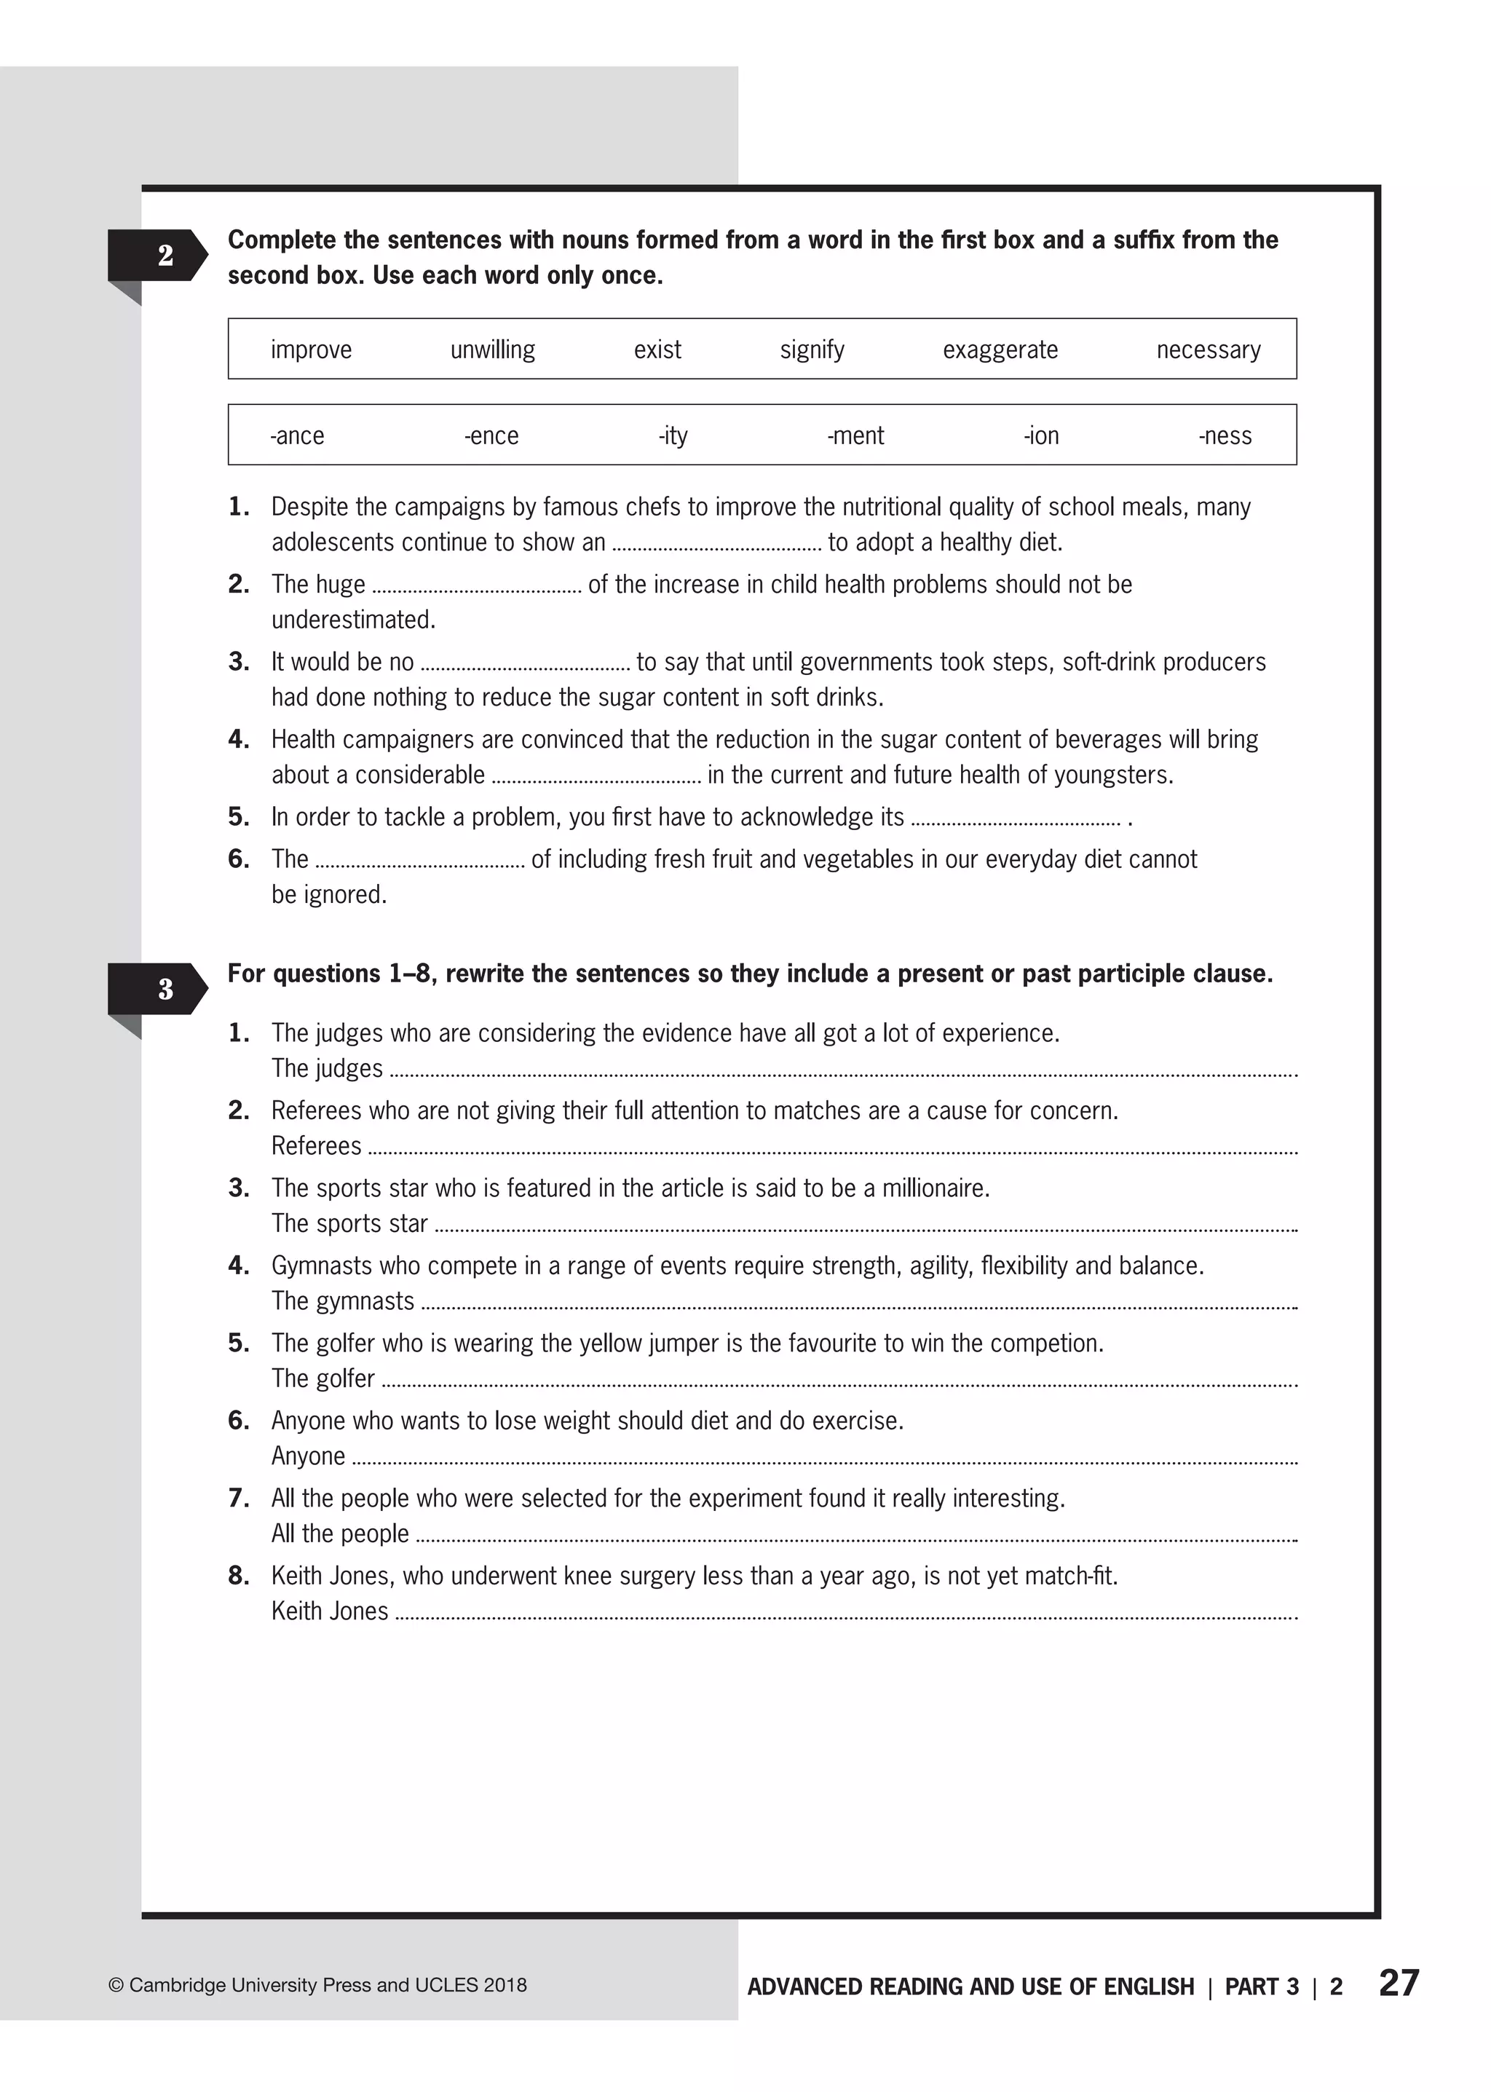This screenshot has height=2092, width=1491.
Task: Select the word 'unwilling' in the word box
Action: tap(492, 350)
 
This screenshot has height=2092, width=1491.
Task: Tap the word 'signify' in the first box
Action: tap(812, 350)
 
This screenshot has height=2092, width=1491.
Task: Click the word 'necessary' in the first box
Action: tap(1209, 350)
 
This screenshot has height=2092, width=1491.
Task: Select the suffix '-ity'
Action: tap(673, 436)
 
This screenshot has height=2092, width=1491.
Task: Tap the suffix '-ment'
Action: tap(855, 436)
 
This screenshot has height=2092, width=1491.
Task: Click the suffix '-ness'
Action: tap(1225, 436)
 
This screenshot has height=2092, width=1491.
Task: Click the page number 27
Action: tap(1399, 1984)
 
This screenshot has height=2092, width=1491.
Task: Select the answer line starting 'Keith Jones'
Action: tap(845, 1614)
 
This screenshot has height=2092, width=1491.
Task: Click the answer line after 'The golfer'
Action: tap(837, 1381)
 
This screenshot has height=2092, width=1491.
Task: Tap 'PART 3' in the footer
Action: tap(1262, 1987)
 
